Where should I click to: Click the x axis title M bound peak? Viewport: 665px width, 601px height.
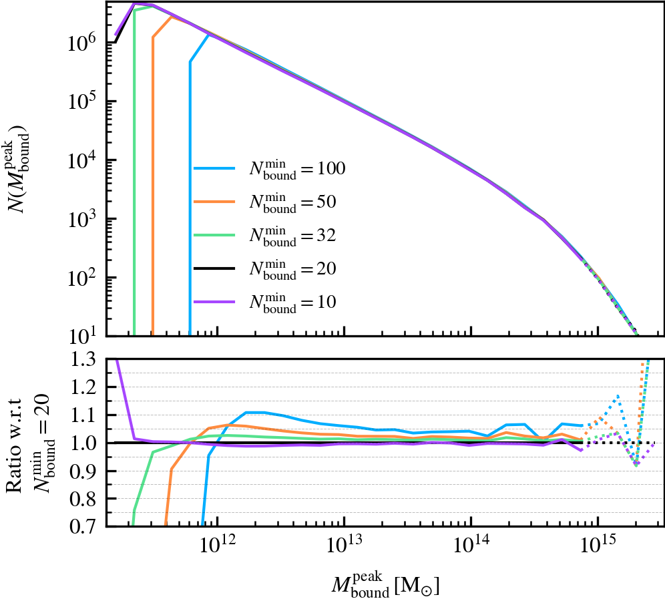pos(385,583)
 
